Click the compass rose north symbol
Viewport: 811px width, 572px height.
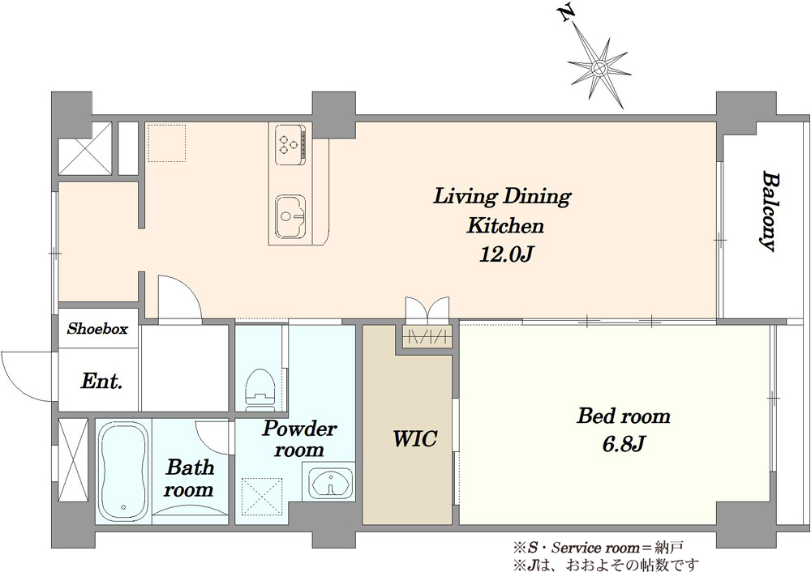599,67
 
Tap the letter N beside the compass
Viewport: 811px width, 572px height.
568,14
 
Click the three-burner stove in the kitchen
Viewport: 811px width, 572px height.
290,144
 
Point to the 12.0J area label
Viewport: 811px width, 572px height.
506,254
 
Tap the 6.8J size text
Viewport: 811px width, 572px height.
624,443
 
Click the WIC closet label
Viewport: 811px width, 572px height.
414,438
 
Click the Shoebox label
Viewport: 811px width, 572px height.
98,329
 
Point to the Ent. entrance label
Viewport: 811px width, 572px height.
102,382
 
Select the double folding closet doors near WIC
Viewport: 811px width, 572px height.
427,309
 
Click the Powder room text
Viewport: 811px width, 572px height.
299,438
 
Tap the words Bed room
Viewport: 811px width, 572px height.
624,416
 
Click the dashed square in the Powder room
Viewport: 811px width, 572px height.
262,497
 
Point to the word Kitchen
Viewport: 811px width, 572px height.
505,226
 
